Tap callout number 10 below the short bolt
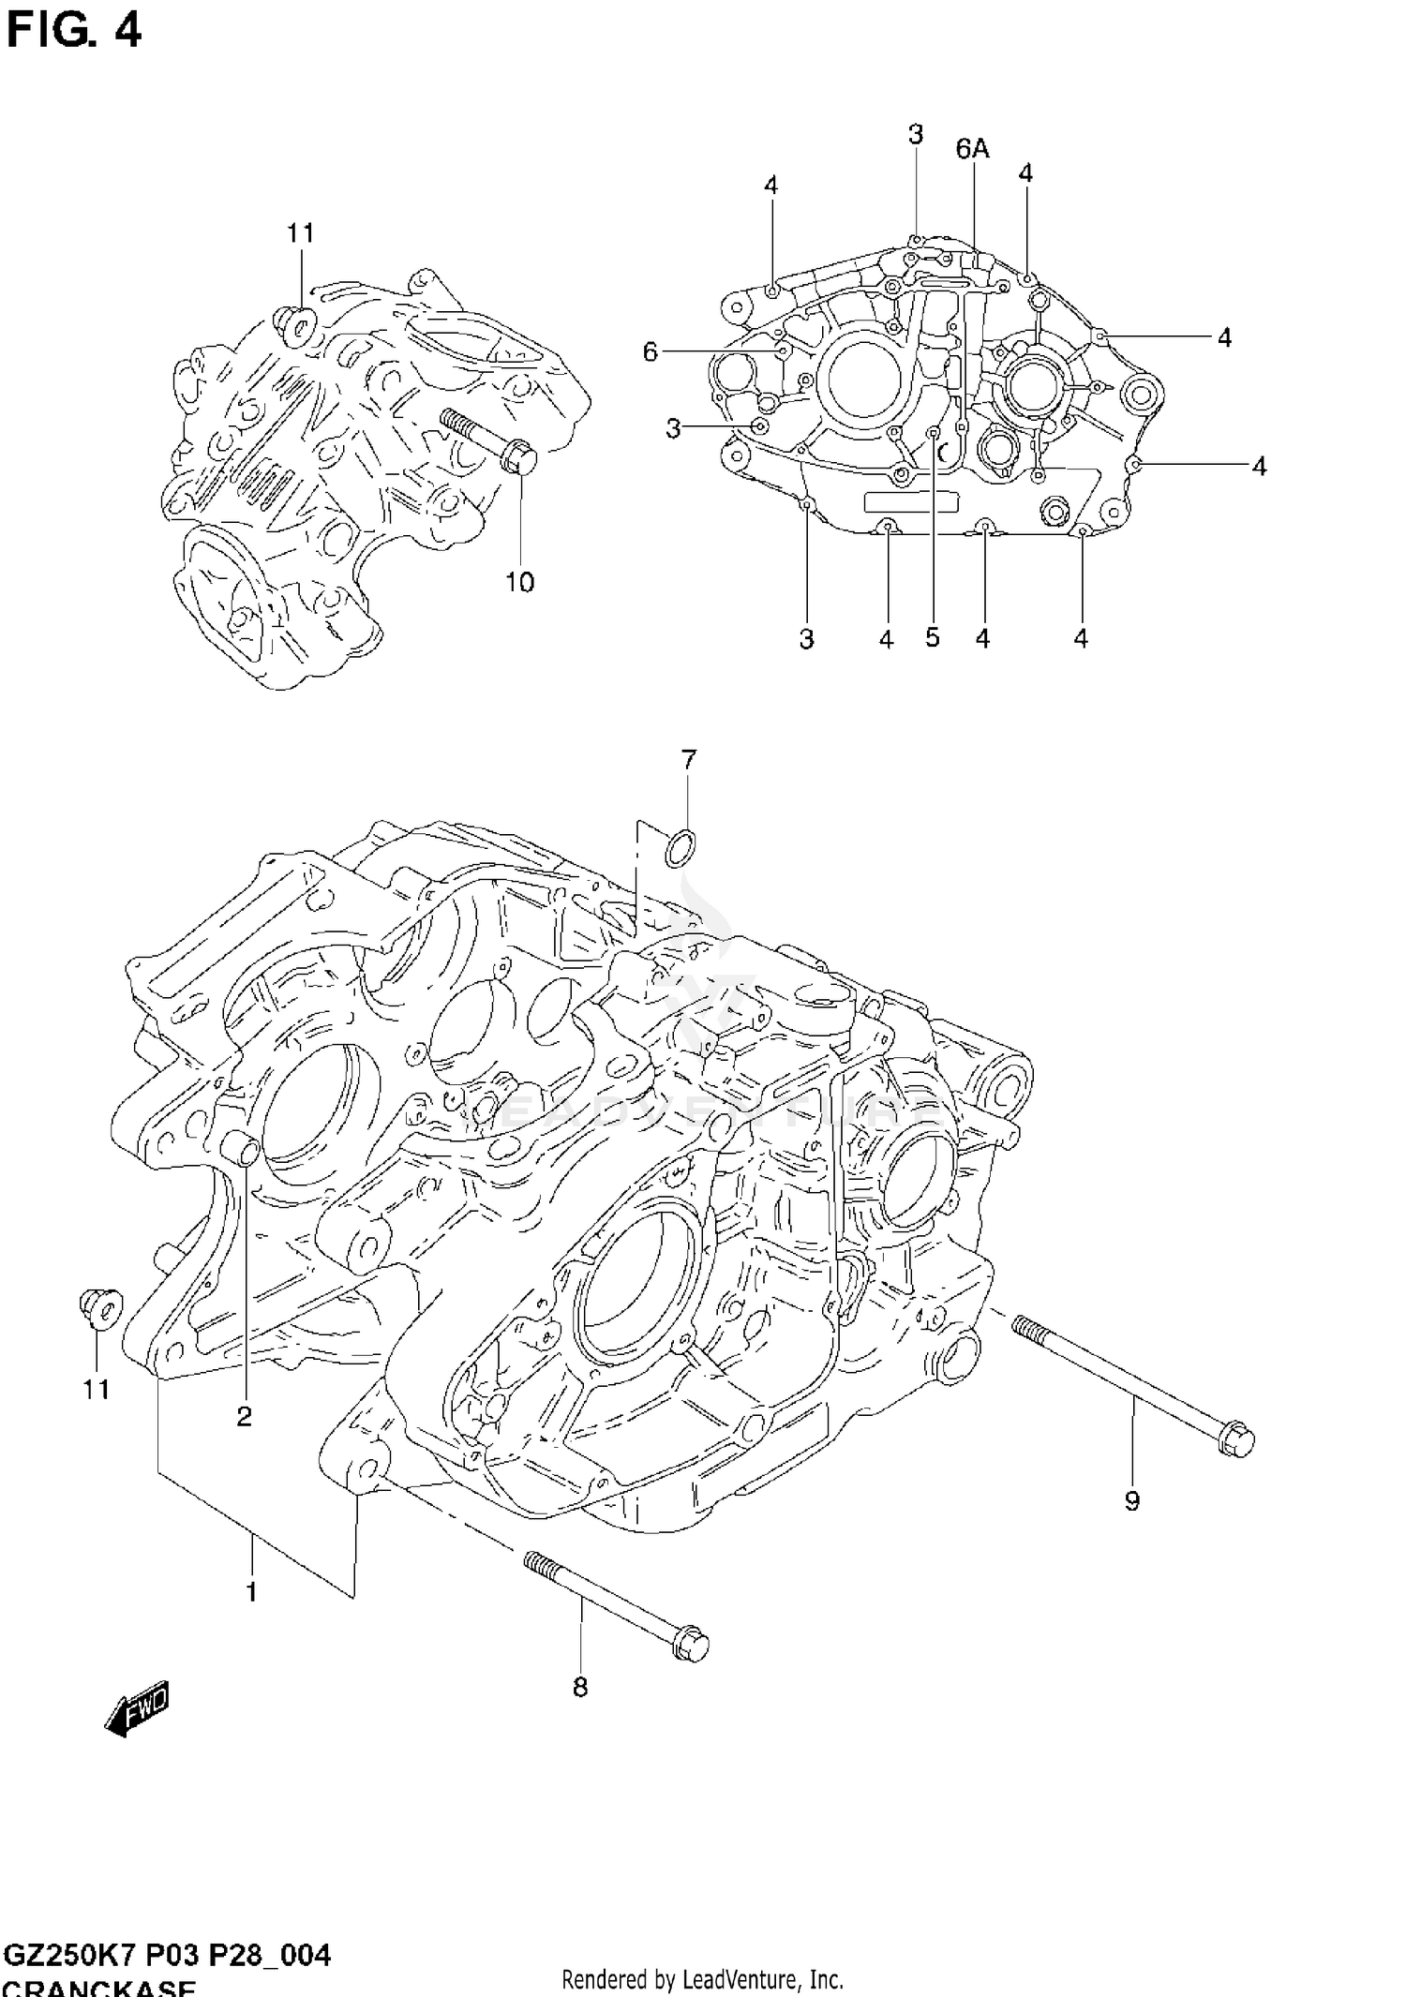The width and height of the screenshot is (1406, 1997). pos(519,582)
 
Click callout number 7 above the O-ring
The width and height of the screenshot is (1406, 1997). pos(689,760)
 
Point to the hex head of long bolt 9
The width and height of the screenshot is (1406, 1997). pos(1236,1441)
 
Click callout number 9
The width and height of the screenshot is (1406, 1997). pos(1132,1500)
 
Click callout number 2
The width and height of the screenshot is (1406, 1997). pos(244,1417)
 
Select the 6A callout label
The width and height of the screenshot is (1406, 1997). pos(973,149)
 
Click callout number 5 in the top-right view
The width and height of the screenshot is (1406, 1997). pos(932,637)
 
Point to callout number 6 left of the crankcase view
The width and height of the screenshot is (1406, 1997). pos(651,351)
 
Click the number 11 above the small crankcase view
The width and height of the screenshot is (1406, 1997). pos(300,232)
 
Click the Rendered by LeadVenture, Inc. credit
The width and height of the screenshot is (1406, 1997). pos(702,1979)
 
